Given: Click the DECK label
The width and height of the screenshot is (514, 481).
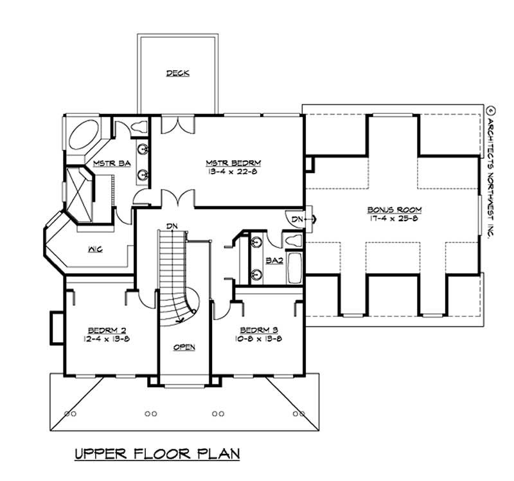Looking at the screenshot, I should (177, 73).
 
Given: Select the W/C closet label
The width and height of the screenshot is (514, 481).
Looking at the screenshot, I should (95, 248).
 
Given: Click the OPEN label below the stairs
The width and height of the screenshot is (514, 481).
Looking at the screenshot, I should (184, 347).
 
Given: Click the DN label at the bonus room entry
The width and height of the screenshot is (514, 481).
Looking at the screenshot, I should (297, 220).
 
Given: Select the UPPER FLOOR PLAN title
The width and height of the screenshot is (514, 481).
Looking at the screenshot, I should (157, 454).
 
